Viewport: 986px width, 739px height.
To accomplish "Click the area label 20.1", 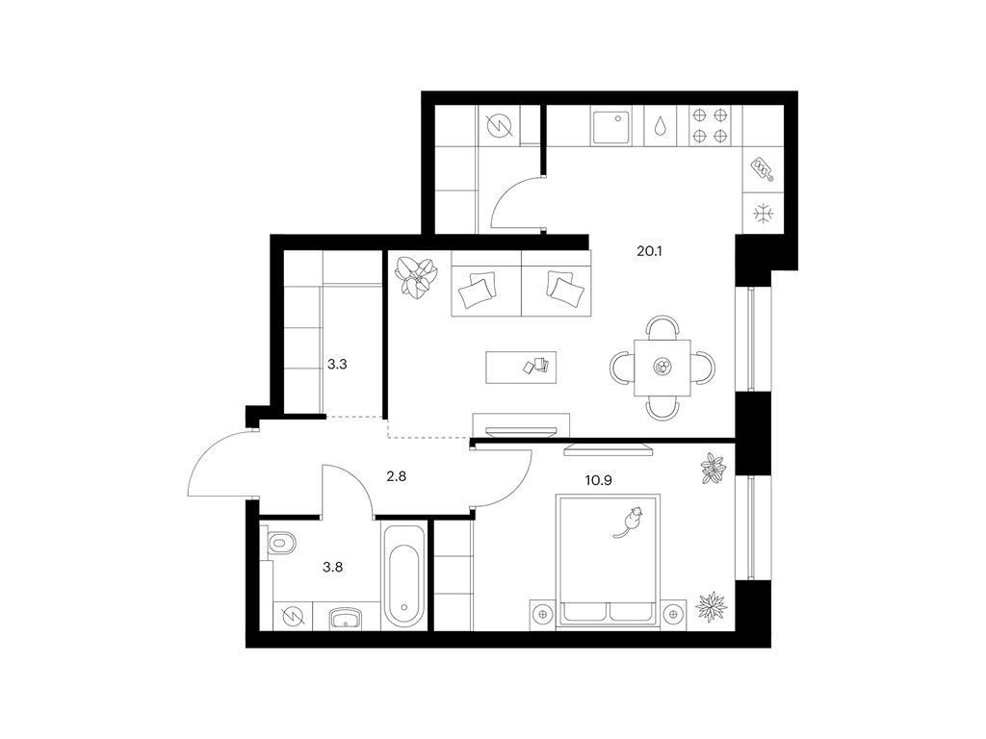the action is pyautogui.click(x=650, y=251).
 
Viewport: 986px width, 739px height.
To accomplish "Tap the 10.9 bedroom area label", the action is pyautogui.click(x=599, y=481).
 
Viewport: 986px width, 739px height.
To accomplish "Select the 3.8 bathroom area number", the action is pyautogui.click(x=332, y=567).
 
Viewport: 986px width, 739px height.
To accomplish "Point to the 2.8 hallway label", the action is pyautogui.click(x=396, y=476).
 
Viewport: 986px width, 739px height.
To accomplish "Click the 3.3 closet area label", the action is pyautogui.click(x=337, y=364).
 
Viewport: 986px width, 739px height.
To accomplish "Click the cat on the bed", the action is pyautogui.click(x=630, y=522).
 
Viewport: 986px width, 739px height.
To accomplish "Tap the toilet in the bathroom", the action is pyautogui.click(x=281, y=543).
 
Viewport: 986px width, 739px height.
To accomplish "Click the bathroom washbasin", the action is pyautogui.click(x=346, y=617).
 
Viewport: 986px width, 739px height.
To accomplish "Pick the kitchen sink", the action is pyautogui.click(x=610, y=127).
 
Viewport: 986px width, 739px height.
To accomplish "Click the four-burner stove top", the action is pyautogui.click(x=710, y=125).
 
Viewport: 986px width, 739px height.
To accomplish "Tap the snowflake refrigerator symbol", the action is pyautogui.click(x=764, y=213).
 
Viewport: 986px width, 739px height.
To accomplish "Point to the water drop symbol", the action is pyautogui.click(x=660, y=126).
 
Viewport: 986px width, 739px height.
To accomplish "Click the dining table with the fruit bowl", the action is pyautogui.click(x=662, y=368).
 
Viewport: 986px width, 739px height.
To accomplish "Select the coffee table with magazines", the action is pyautogui.click(x=521, y=368).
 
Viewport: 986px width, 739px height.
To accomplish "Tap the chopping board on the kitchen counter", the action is pyautogui.click(x=763, y=168).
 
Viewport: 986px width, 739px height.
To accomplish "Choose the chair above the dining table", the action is pyautogui.click(x=662, y=327).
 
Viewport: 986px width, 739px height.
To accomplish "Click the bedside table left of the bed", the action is pyautogui.click(x=543, y=613).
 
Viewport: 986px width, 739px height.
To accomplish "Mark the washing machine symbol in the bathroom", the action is pyautogui.click(x=293, y=617).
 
